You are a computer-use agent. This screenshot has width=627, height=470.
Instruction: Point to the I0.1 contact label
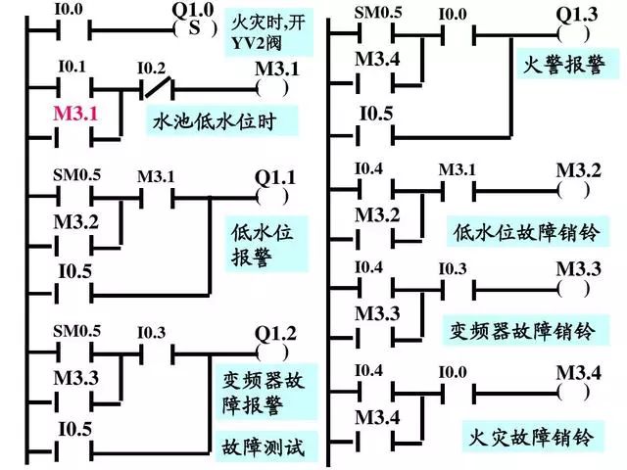73,69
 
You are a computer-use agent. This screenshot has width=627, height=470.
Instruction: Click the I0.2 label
151,69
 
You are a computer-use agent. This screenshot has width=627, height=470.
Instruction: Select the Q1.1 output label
275,177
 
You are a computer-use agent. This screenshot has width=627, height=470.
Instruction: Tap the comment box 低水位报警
262,245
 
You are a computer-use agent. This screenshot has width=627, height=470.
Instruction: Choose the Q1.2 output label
273,331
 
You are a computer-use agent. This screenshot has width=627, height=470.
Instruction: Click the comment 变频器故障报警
264,392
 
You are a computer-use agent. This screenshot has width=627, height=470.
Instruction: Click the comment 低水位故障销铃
527,232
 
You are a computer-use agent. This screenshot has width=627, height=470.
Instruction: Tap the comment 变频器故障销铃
525,328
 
